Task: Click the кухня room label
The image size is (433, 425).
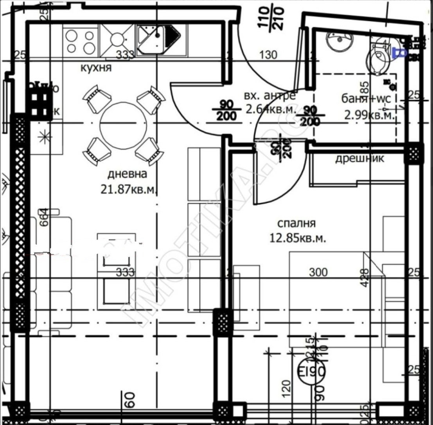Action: [96, 67]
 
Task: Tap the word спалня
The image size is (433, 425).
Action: [296, 223]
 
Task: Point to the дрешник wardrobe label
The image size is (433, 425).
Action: [359, 158]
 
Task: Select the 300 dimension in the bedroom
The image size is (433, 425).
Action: [318, 272]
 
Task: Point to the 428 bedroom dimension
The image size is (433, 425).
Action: [365, 278]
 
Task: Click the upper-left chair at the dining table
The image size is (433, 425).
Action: [96, 98]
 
